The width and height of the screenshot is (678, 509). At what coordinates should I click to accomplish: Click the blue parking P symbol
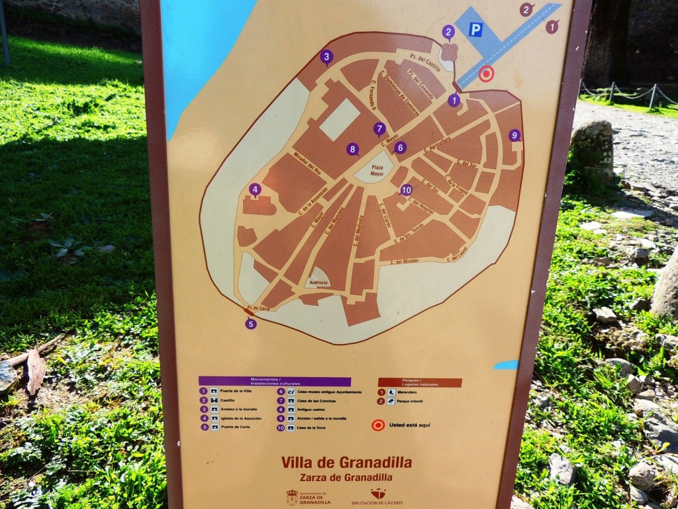click(x=475, y=29)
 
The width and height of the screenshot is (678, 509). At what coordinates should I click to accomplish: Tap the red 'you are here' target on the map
click(x=486, y=74)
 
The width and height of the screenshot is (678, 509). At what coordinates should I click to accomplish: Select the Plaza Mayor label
click(x=377, y=170)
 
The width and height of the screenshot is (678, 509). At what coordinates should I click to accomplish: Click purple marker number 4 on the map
click(x=255, y=190)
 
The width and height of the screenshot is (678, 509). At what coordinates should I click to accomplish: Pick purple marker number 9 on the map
click(x=514, y=135)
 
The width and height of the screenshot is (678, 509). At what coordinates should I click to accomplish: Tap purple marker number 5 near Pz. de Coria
click(x=250, y=323)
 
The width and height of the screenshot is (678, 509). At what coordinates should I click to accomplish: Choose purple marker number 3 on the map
click(x=326, y=57)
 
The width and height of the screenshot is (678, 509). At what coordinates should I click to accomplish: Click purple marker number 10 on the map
click(x=406, y=190)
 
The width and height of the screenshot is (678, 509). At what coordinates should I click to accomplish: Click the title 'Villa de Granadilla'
click(x=346, y=463)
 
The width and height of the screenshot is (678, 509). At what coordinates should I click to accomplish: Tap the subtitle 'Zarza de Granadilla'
click(x=346, y=477)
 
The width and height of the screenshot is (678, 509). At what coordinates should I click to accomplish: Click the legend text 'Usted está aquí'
click(x=409, y=425)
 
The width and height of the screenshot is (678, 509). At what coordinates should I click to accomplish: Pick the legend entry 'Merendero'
click(x=407, y=392)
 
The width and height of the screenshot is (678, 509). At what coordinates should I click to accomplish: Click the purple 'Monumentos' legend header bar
click(x=275, y=382)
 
